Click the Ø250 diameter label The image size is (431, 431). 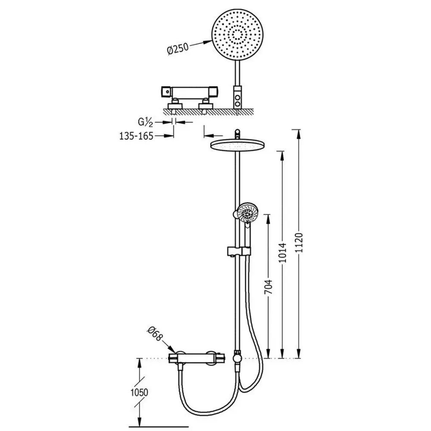(178, 49)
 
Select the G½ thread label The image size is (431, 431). (145, 122)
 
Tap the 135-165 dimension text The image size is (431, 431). (136, 136)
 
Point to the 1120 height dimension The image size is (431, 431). (300, 242)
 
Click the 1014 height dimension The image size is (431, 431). (283, 252)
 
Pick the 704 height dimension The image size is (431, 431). (268, 287)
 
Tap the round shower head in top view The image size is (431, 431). (237, 34)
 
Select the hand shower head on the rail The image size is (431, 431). (247, 213)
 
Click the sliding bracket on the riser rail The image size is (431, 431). (239, 251)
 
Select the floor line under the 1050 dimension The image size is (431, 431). (159, 427)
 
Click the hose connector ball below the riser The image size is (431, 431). (237, 358)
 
